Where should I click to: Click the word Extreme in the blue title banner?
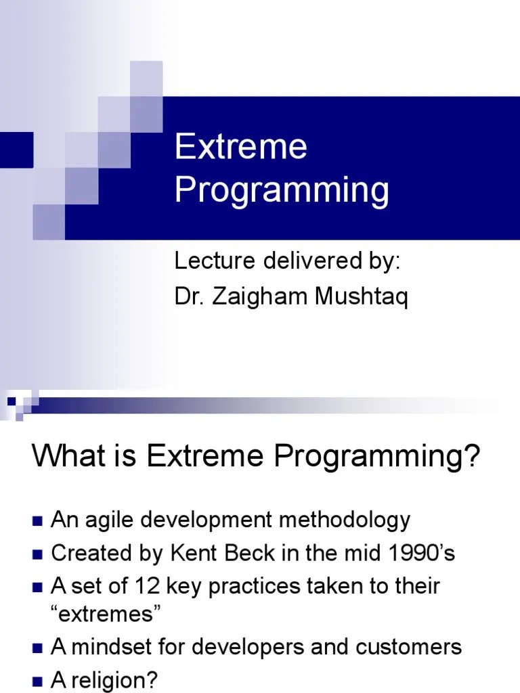[240, 147]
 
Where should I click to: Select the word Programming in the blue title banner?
[282, 191]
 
